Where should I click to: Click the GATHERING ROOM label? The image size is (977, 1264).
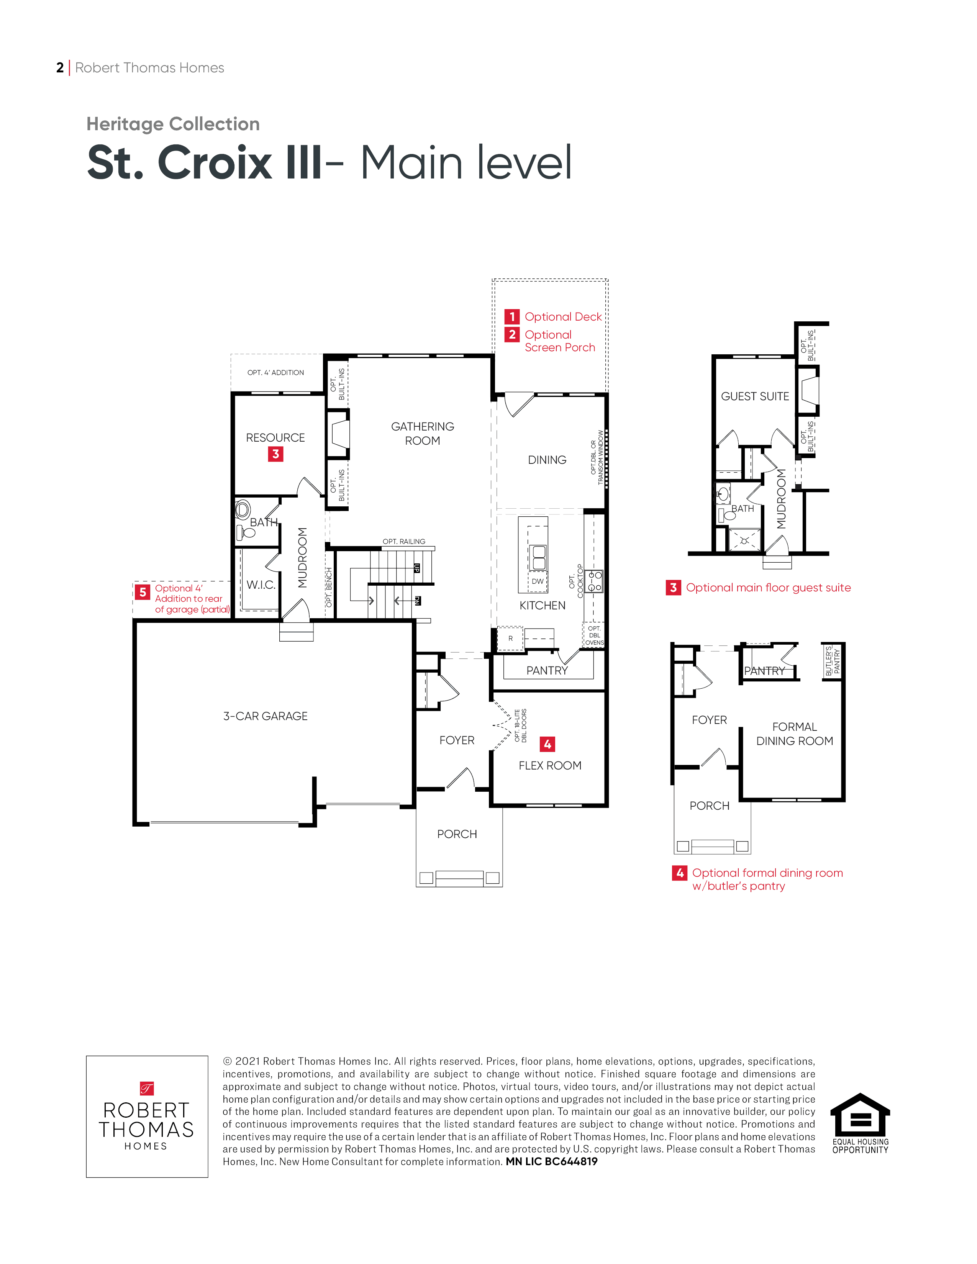point(423,434)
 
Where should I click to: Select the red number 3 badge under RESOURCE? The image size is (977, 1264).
point(275,454)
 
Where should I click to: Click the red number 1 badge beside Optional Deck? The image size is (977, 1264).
point(511,317)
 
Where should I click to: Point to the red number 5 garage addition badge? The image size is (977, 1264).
point(143,592)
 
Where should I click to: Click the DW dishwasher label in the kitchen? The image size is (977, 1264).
point(538,581)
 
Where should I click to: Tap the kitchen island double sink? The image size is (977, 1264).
point(539,557)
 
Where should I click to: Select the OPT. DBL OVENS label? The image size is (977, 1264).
point(594,635)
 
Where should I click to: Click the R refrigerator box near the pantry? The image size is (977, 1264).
point(510,639)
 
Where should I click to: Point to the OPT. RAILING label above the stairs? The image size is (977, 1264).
point(404,542)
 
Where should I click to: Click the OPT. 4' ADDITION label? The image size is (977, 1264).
point(275,373)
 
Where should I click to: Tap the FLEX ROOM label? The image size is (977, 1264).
point(550,765)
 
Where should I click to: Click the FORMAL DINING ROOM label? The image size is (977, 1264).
point(795,734)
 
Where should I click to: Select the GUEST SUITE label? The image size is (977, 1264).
point(755,396)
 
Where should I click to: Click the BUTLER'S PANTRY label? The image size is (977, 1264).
point(832,661)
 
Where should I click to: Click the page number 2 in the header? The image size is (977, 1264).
point(60,68)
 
